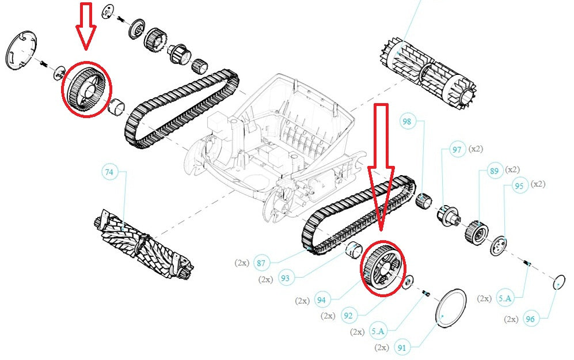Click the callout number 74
pyautogui.click(x=109, y=172)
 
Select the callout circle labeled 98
pyautogui.click(x=408, y=122)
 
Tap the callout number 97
pyautogui.click(x=457, y=150)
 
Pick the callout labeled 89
pyautogui.click(x=493, y=170)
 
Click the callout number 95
pyautogui.click(x=519, y=186)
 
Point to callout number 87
pyautogui.click(x=261, y=264)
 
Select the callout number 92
pyautogui.click(x=347, y=316)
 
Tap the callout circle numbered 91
pyautogui.click(x=401, y=347)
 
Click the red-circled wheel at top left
pyautogui.click(x=86, y=88)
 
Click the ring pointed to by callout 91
pyautogui.click(x=450, y=308)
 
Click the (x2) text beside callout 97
pyautogui.click(x=476, y=149)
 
